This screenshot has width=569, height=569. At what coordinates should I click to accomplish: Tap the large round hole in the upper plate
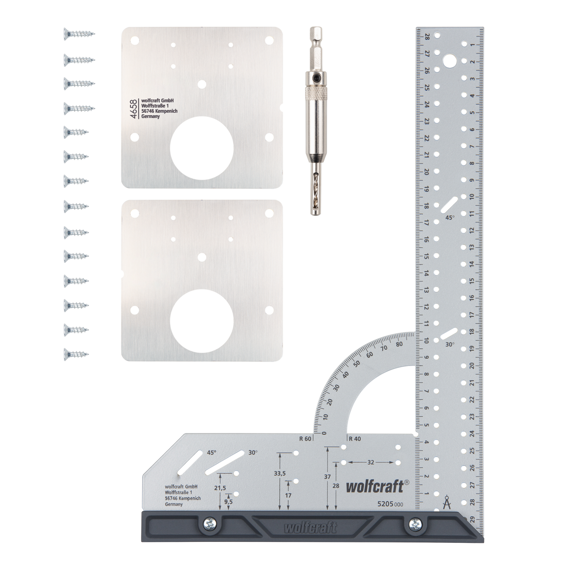[202, 146]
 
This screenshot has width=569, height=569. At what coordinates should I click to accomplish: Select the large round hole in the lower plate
[202, 319]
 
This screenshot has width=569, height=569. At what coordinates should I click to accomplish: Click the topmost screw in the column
[78, 34]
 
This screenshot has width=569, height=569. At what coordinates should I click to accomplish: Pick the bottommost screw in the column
[76, 353]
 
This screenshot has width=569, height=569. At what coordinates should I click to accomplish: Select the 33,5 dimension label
[280, 473]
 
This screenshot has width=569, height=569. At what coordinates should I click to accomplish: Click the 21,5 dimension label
[220, 487]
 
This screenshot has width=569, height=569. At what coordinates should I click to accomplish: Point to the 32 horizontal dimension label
[370, 461]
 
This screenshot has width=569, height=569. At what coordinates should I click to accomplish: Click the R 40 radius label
[354, 439]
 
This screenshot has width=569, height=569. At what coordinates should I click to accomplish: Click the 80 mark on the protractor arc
[399, 345]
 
